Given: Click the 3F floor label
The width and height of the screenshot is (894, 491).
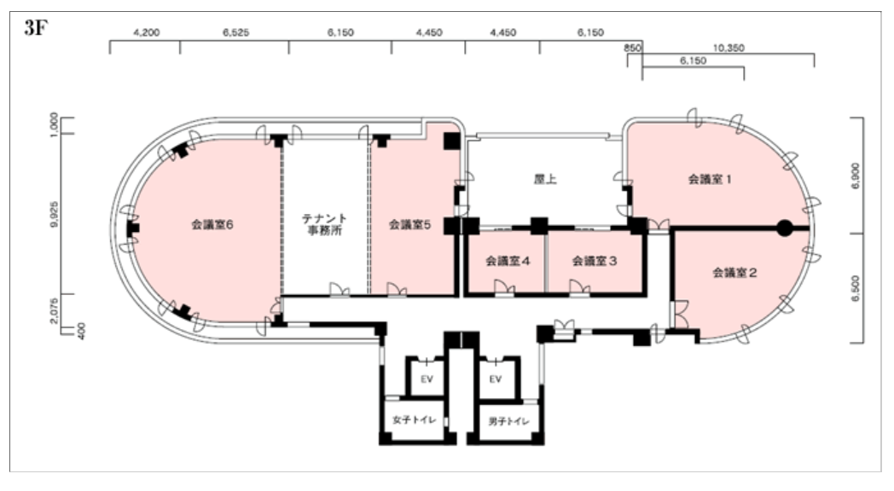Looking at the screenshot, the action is pos(35,27).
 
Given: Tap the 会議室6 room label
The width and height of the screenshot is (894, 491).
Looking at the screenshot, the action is pos(212,225).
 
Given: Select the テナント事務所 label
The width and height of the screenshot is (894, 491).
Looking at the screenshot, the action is pos(324,224).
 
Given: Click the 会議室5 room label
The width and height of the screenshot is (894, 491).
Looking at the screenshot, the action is pos(410,225).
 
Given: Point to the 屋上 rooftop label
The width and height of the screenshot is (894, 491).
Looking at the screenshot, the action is pos(545,179).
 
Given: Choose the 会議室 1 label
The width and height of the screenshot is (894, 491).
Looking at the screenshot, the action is pos(710,179).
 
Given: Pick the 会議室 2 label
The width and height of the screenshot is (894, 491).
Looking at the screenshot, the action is pos(735,273).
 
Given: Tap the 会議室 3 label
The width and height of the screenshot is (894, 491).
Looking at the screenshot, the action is pos(595,261).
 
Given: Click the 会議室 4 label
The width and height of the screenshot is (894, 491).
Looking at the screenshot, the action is pos(508,261).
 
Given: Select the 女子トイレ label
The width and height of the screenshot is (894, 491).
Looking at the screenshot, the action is pos(415,419).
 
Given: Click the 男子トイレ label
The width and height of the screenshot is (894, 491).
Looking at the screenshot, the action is pos(509,421).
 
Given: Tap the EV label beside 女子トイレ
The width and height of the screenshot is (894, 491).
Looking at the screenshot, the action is pos(427,378).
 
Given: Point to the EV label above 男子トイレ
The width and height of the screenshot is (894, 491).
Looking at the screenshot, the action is pos(496,378).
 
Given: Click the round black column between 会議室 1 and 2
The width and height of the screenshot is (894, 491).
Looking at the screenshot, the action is pos(785,228).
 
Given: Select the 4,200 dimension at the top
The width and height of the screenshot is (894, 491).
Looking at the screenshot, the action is pos(147,32).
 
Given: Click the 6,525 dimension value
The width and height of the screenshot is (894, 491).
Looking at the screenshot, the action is pos(235,32).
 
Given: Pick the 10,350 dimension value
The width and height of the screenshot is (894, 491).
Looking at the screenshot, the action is pos(729,48).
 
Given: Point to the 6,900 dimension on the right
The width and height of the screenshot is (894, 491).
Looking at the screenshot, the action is pos(856,176).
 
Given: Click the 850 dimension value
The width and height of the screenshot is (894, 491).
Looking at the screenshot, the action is pos(632,48).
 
